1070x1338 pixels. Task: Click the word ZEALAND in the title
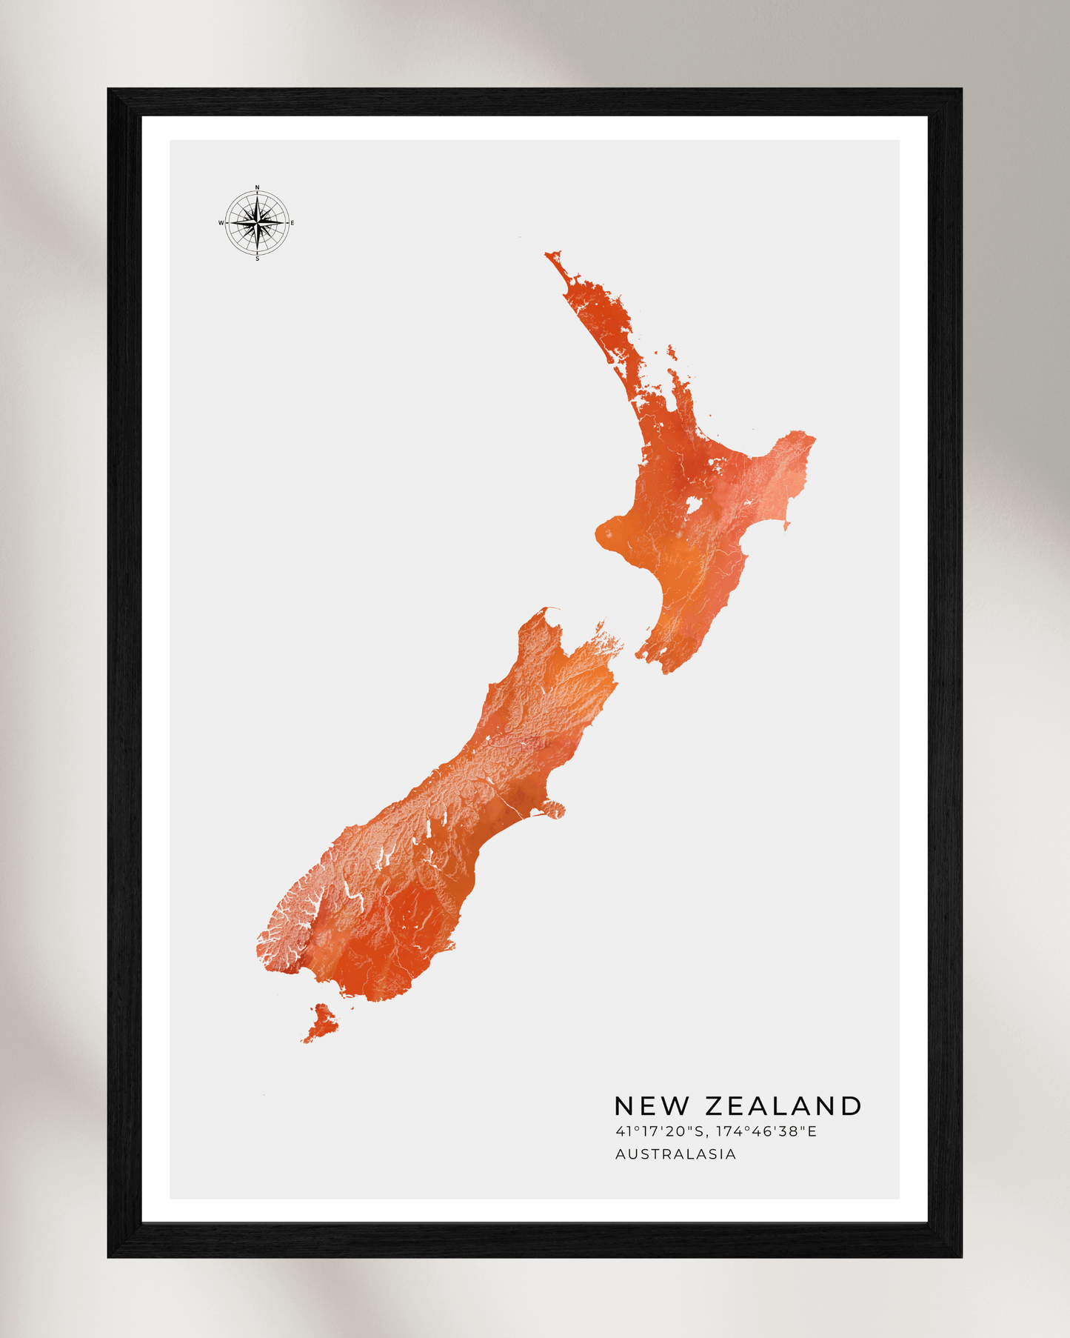[x=783, y=1106]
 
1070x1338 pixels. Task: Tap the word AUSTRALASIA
[x=675, y=1154]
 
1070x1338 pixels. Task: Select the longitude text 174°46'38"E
[x=766, y=1131]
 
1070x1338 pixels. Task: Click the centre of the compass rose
[x=257, y=222]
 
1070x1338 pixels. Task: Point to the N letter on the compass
[x=257, y=187]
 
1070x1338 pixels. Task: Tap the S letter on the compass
[x=257, y=259]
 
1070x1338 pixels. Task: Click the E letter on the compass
[x=292, y=223]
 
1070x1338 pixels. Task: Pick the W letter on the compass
[x=221, y=223]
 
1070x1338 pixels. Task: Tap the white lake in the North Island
[x=694, y=506]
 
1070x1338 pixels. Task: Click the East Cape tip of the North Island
[x=812, y=438]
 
